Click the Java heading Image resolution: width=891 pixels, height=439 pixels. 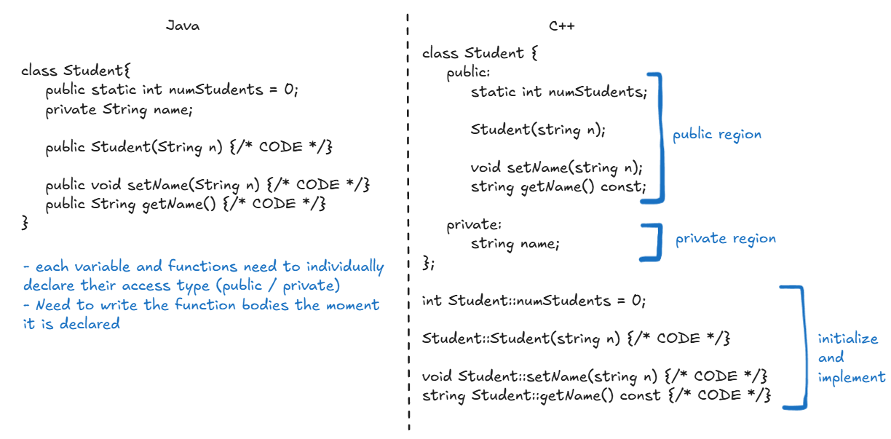point(182,26)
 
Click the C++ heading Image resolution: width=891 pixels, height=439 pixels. point(561,26)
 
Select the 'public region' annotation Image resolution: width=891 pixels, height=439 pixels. point(716,135)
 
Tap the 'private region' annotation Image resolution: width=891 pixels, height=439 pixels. point(725,239)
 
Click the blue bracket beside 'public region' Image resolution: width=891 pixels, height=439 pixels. point(660,136)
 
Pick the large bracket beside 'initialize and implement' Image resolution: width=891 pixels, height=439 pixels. point(800,347)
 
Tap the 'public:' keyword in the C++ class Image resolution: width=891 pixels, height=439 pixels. point(468,73)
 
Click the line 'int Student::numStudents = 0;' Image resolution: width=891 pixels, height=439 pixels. point(534,301)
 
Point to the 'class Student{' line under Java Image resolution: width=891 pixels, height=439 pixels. point(75,71)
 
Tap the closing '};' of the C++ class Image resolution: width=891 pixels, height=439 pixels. point(428,263)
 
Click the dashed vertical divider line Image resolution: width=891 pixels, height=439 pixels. point(408,218)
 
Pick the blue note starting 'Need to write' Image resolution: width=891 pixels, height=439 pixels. point(201,314)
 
